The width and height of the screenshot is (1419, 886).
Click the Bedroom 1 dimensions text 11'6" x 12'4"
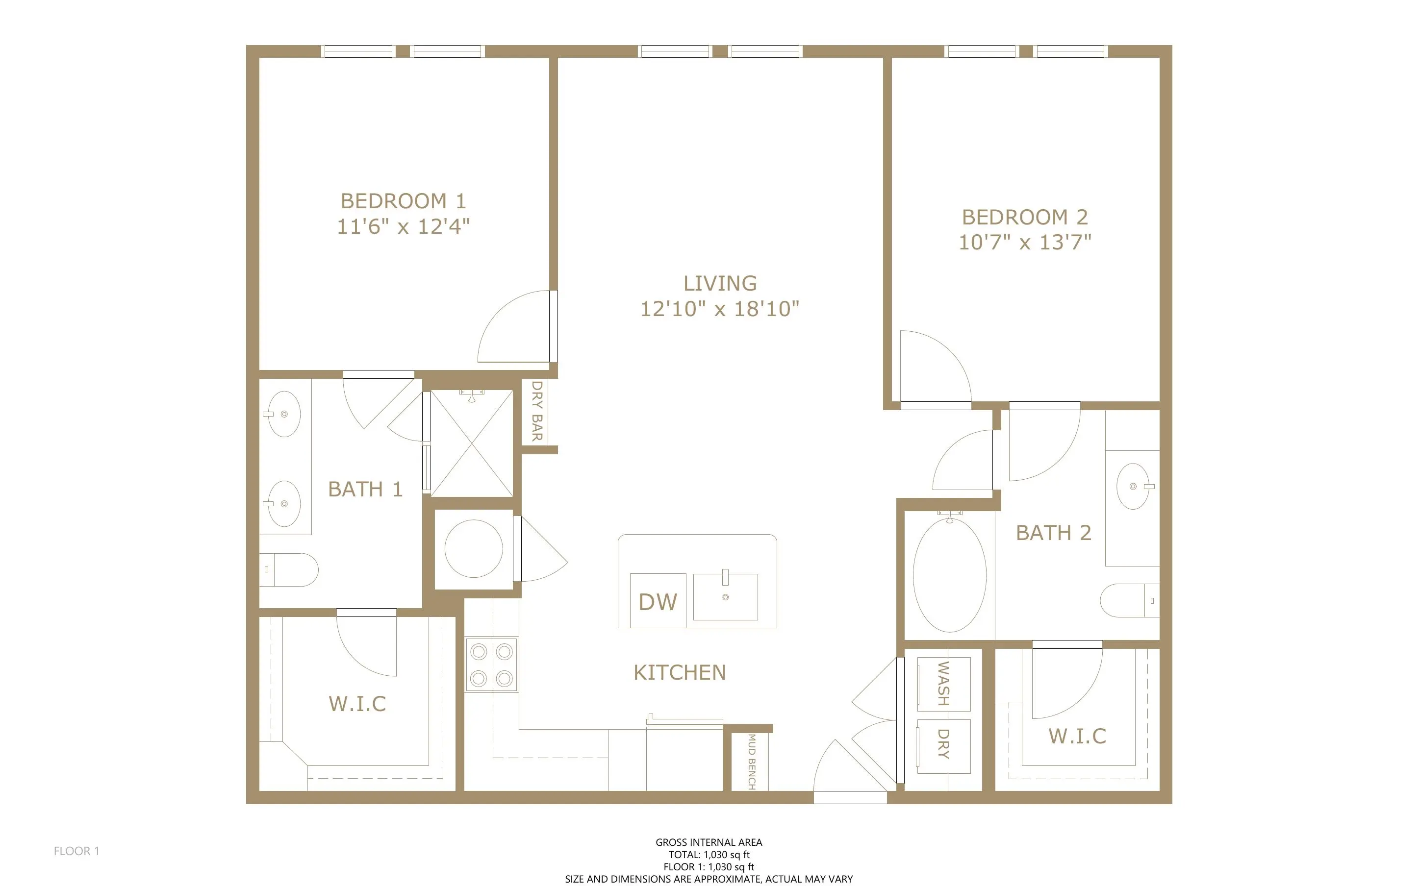403,226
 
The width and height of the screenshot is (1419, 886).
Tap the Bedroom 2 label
1025,218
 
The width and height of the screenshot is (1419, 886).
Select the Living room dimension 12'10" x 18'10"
720,309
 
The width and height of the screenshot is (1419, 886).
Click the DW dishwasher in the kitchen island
658,601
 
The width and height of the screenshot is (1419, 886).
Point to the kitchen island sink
726,596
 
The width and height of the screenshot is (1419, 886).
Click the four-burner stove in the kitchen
492,664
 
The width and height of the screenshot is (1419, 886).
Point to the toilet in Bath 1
289,569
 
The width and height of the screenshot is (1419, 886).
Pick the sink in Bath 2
1133,486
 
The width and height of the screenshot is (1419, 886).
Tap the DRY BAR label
537,411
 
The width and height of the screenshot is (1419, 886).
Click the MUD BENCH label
751,762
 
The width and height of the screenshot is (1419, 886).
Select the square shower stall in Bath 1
472,443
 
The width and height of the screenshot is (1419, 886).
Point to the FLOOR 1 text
77,851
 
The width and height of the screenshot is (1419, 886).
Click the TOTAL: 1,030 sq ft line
709,854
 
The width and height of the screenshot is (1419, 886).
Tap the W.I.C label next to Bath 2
1077,736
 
